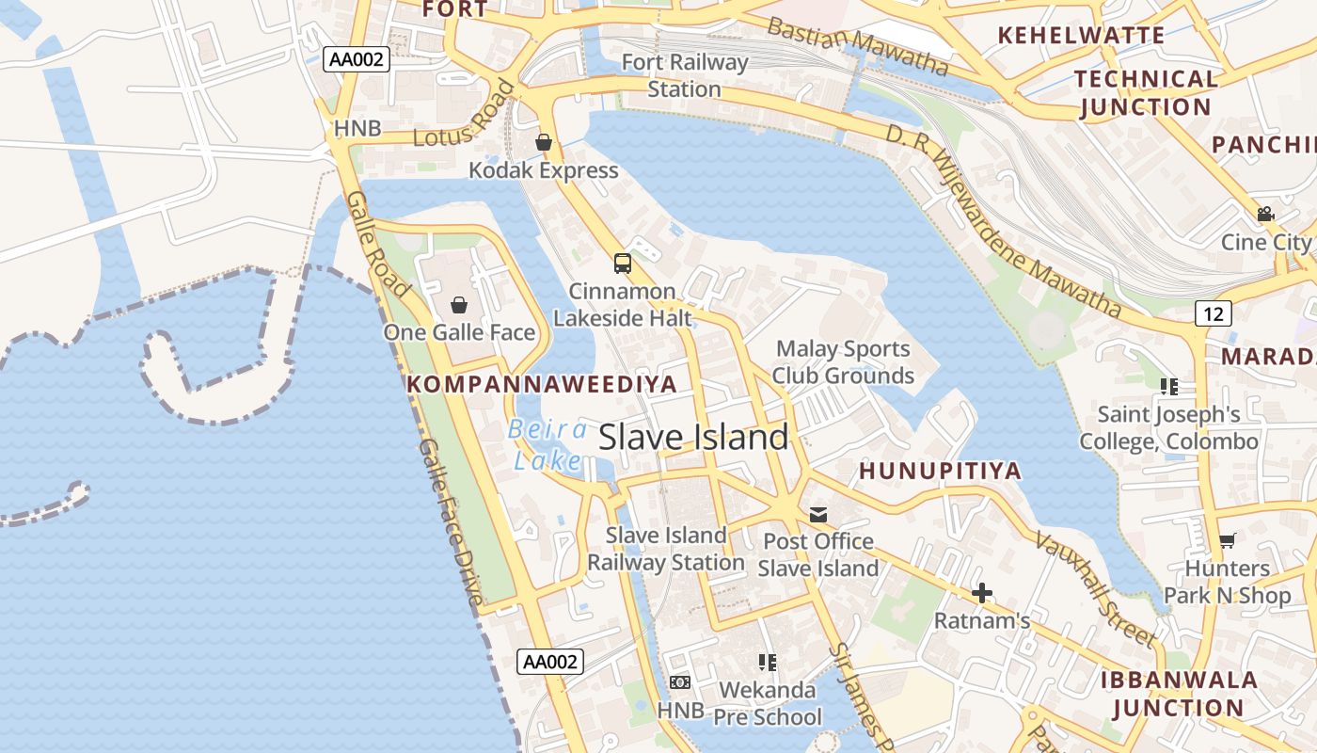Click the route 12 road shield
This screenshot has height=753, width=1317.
1213,313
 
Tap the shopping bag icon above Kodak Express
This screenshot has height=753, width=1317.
544,142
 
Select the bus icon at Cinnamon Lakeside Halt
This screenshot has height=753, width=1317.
622,264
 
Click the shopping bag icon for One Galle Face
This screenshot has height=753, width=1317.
459,305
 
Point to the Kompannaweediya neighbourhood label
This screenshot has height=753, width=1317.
542,384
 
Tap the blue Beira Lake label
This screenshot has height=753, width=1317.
547,445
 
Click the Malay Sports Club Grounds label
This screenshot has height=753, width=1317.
843,362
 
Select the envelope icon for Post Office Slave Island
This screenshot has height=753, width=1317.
818,515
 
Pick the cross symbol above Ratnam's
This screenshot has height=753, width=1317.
982,593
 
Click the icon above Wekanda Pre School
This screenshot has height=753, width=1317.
767,663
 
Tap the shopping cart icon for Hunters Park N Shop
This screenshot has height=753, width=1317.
1227,540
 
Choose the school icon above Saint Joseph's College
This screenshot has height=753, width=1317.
1168,386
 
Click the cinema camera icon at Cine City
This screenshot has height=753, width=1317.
1265,215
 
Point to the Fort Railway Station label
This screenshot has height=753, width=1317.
684,76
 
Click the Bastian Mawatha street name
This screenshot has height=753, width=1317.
857,44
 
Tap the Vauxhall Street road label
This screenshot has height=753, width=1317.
1096,588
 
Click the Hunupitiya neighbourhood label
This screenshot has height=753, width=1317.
940,471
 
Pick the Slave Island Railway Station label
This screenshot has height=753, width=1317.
666,549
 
